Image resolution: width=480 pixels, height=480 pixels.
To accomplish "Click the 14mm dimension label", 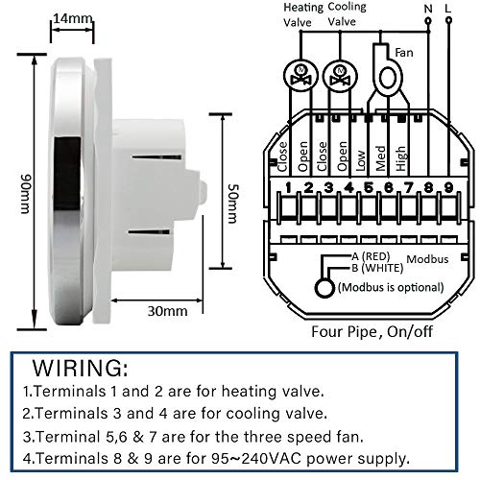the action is (x=73, y=18).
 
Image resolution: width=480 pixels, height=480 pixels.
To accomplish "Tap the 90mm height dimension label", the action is (x=26, y=194).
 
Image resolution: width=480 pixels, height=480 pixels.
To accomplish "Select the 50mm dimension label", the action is (x=232, y=204).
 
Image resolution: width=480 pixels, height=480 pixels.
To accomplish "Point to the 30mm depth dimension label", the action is (x=167, y=311).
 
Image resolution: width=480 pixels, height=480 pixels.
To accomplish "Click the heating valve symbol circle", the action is (x=300, y=76).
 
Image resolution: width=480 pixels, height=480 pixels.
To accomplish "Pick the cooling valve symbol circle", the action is (x=340, y=76).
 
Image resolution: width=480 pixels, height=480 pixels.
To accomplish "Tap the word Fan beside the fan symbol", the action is (x=404, y=52).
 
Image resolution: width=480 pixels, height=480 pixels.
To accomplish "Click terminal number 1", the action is (x=289, y=187).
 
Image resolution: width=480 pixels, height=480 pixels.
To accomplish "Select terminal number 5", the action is (x=369, y=187).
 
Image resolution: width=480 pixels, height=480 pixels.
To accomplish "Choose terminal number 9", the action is (x=448, y=187).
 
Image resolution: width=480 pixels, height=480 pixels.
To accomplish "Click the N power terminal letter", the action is (x=428, y=9).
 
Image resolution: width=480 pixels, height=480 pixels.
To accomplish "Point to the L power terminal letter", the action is (x=448, y=9).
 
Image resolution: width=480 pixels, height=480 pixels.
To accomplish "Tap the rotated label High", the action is (x=401, y=158).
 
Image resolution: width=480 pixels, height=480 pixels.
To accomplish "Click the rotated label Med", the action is (x=380, y=158).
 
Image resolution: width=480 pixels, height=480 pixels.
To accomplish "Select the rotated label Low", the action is (x=360, y=160).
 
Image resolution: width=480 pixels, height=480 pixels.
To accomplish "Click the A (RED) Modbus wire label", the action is (x=371, y=256).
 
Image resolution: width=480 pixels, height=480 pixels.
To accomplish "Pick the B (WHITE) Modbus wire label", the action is (x=377, y=268).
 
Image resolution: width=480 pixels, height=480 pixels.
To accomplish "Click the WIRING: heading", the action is (x=80, y=368).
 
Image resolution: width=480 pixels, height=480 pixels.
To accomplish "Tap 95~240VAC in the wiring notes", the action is (x=256, y=459).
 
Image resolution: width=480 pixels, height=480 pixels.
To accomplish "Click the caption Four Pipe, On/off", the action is (x=372, y=332).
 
